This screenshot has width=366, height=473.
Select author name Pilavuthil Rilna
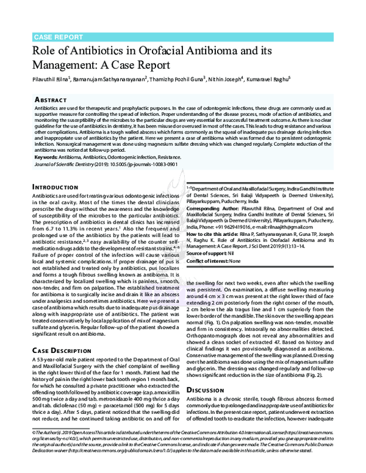[x=51, y=79]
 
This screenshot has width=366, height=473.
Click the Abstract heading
[x=52, y=98]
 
